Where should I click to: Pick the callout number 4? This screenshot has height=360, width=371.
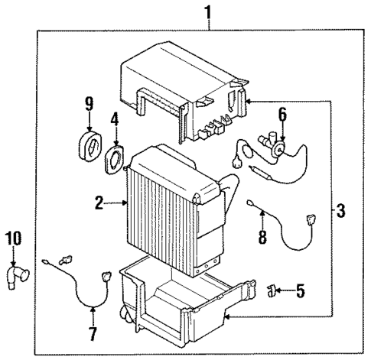(x=116, y=119)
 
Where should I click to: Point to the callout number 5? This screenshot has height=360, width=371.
(x=300, y=290)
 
